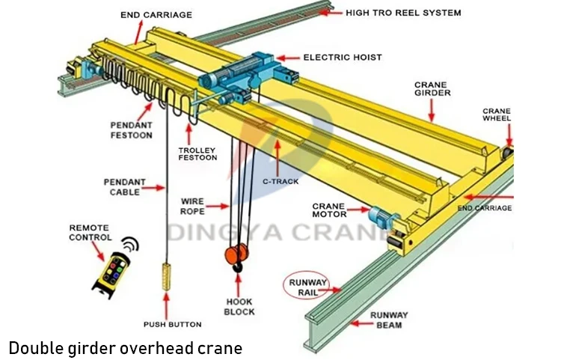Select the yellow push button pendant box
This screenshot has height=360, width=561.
(x=166, y=278)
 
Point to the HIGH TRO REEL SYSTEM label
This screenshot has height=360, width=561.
(x=403, y=13)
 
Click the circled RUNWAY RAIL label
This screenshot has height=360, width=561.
(x=306, y=287)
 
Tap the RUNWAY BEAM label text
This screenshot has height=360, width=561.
(x=388, y=320)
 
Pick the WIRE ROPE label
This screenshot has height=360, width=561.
(x=193, y=206)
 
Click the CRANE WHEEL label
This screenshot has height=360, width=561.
(x=497, y=115)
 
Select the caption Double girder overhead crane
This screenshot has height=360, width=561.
(x=125, y=348)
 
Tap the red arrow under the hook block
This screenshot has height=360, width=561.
(x=239, y=284)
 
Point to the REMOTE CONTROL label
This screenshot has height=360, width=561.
(x=89, y=232)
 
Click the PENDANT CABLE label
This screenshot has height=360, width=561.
(x=124, y=186)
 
